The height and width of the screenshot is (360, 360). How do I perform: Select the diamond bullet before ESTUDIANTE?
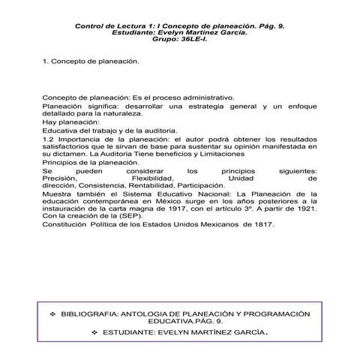tap(93, 331)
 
